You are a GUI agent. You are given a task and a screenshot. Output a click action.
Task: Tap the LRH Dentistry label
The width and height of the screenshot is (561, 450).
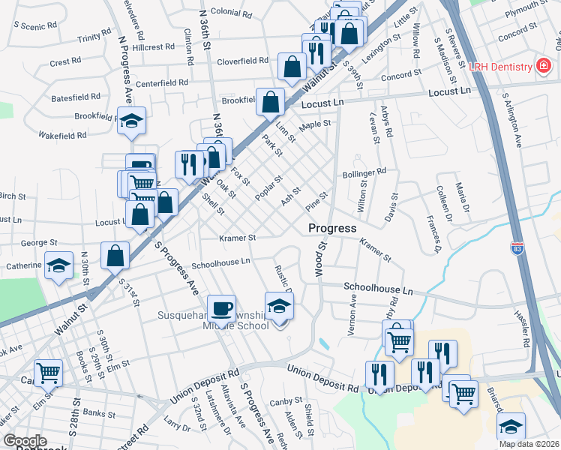pyautogui.click(x=500, y=67)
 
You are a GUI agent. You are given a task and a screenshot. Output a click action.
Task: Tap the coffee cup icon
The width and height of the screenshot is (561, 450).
pyautogui.click(x=221, y=308)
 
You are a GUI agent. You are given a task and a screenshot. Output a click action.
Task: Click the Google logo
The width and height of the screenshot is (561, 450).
pyautogui.click(x=25, y=441)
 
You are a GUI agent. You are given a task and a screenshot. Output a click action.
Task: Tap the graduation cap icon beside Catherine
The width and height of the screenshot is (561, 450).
pyautogui.click(x=58, y=265)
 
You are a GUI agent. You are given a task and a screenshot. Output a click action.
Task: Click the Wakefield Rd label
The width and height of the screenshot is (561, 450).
pyautogui.click(x=63, y=136)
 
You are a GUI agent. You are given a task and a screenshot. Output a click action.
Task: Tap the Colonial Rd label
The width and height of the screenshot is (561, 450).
pyautogui.click(x=229, y=12)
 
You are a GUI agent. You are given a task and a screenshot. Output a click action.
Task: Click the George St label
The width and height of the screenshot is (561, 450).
pyautogui.click(x=39, y=243)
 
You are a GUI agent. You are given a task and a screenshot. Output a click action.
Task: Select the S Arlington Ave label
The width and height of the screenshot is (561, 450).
pyautogui.click(x=517, y=121)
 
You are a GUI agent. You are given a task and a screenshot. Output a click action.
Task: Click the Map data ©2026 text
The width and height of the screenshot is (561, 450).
pyautogui.click(x=528, y=444)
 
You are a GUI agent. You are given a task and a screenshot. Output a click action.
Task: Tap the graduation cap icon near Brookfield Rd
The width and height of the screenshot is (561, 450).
pyautogui.click(x=131, y=121)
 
